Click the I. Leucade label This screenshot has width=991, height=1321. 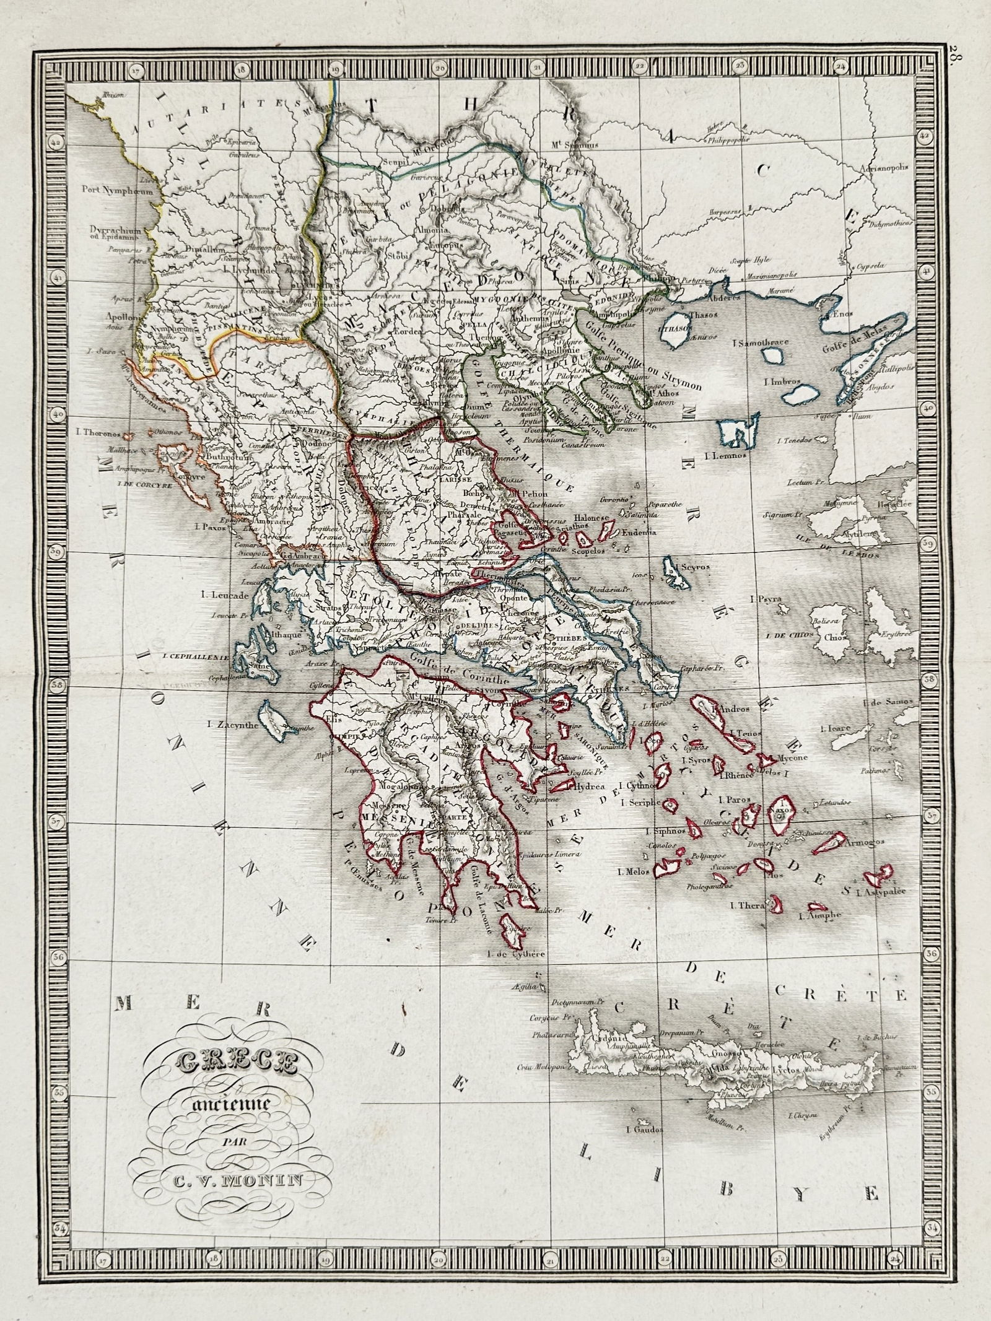click(x=225, y=596)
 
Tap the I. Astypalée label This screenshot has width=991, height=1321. click(x=880, y=892)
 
